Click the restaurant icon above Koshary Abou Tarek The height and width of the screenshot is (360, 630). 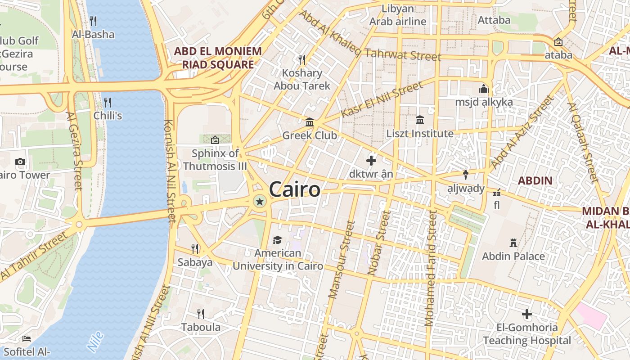tap(302, 59)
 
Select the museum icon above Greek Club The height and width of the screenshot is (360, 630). tap(310, 122)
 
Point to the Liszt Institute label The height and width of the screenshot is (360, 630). tap(420, 134)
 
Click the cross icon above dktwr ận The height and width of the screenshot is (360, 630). tap(371, 160)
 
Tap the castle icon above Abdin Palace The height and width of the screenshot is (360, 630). tap(513, 243)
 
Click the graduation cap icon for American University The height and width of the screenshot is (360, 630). tap(277, 240)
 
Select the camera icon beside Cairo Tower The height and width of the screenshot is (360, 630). tap(20, 162)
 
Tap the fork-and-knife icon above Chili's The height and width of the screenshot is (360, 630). tap(107, 102)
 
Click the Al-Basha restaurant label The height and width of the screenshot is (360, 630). tap(93, 34)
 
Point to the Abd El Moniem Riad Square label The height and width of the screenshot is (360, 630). tap(218, 58)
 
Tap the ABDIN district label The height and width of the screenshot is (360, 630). tap(535, 181)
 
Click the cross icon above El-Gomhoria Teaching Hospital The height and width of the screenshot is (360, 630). tap(527, 314)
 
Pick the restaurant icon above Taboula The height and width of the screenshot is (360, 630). tap(201, 314)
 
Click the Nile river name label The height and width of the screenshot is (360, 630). tap(95, 342)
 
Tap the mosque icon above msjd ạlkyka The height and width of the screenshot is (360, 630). tap(484, 89)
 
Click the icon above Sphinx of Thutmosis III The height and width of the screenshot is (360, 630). tap(215, 140)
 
